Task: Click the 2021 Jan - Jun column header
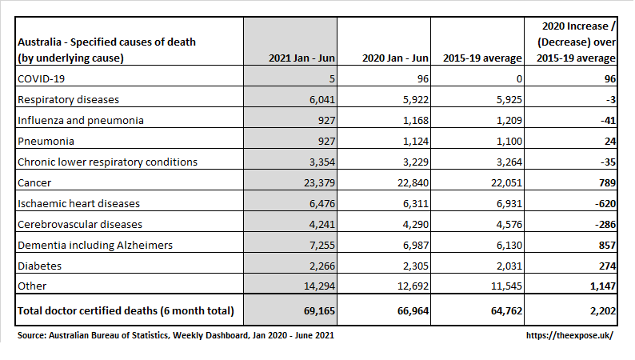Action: [302, 58]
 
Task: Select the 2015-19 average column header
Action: [482, 58]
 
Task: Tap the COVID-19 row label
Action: [42, 78]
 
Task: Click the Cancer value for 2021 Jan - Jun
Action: [320, 183]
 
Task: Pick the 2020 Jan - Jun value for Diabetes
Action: [416, 266]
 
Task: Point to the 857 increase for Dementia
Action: [607, 246]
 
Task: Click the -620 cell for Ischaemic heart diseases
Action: [605, 204]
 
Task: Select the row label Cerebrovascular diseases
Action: [80, 224]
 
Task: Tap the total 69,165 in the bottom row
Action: [320, 310]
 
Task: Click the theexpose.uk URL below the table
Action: [569, 335]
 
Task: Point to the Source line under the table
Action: [176, 335]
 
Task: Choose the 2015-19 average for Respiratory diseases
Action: [509, 100]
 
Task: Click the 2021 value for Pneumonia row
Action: [326, 142]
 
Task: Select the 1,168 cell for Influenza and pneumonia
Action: [416, 120]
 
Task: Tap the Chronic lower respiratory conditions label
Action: [108, 162]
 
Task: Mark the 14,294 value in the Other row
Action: [320, 286]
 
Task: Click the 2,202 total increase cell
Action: [603, 310]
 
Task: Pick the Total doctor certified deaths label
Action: [126, 310]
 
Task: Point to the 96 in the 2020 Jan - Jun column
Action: [423, 78]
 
